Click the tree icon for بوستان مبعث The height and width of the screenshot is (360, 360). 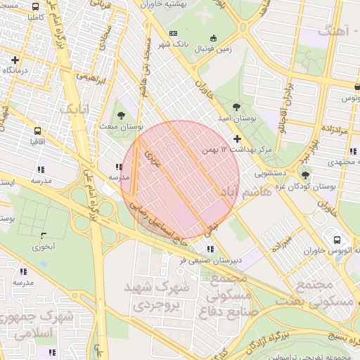point(123,115)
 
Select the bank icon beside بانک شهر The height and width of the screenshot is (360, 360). point(174,34)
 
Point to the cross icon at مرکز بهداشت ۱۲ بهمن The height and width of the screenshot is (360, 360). point(238,139)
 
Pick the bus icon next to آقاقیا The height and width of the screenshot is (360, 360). point(37,130)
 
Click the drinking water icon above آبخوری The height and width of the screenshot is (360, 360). point(44,236)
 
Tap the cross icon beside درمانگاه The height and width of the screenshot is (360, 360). point(15,60)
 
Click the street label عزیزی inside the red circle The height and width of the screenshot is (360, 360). point(153,160)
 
